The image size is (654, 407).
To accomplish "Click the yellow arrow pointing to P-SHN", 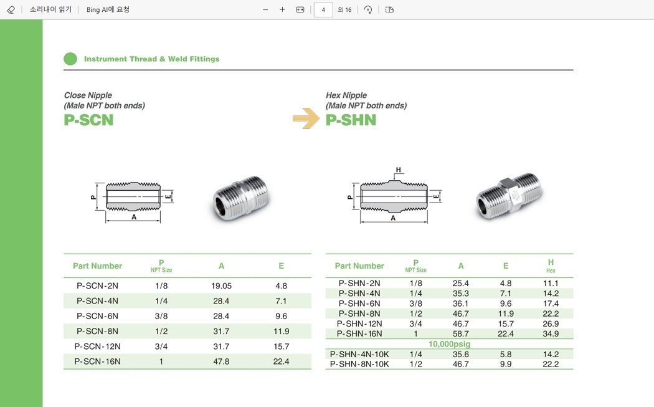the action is pos(306,118).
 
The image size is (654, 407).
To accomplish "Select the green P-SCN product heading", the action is pos(88,120).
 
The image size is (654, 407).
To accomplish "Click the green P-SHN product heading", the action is pos(351,120).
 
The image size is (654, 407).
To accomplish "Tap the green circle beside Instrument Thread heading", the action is pos(70,59).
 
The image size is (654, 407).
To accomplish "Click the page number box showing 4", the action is pos(323,9).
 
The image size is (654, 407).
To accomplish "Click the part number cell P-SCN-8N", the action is pos(97,331).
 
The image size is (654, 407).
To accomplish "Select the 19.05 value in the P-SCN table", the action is pos(221,286).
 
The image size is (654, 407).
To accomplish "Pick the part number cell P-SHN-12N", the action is pos(359,323).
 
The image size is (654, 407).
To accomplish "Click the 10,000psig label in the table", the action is pos(449,344).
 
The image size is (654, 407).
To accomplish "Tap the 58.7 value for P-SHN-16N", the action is pos(460,333).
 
